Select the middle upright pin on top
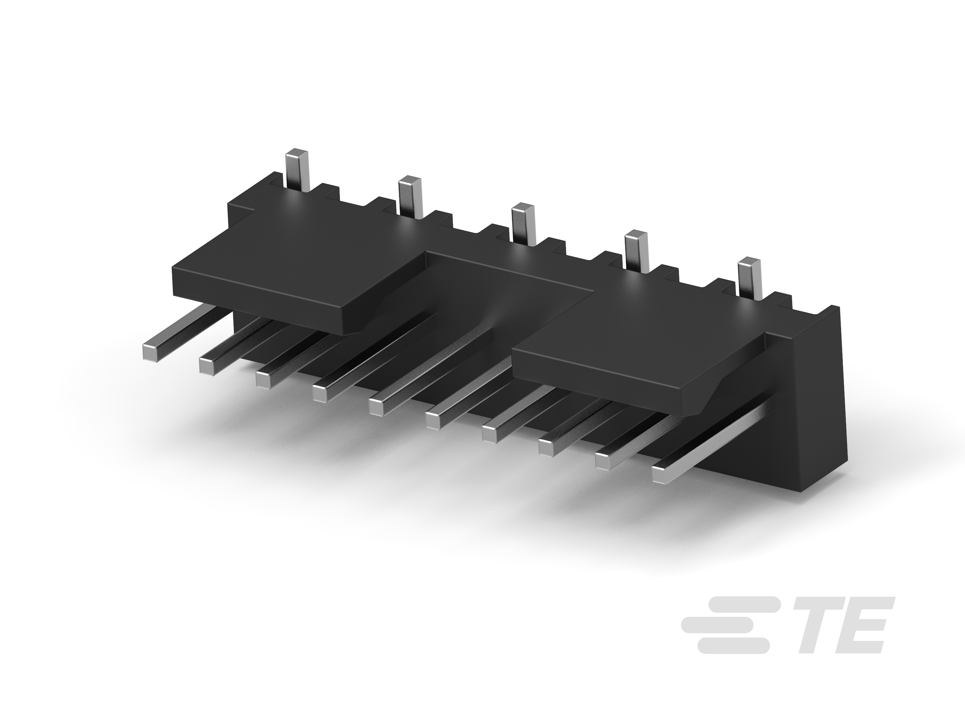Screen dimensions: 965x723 coord(523,224)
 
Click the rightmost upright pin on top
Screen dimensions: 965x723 coord(750,277)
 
